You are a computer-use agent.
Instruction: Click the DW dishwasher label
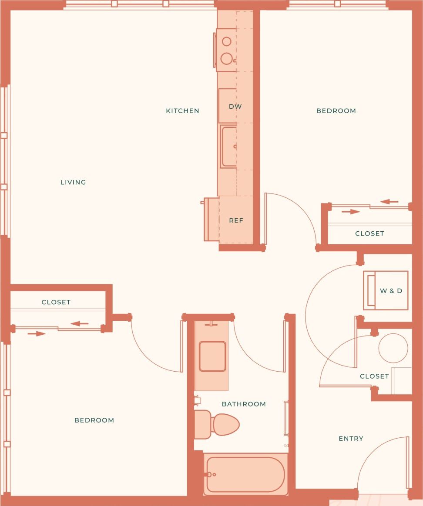coord(235,107)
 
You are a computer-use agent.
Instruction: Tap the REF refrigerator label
coord(236,220)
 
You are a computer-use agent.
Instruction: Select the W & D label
coord(391,291)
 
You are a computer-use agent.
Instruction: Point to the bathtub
coord(245,474)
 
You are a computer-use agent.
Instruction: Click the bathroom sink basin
coord(212,356)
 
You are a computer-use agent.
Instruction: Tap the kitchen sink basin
coord(229,146)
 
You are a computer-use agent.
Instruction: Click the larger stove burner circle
coord(227,58)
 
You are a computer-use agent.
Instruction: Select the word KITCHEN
coord(182,111)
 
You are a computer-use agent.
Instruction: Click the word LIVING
coord(73,182)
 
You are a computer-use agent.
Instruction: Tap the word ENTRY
coord(351,439)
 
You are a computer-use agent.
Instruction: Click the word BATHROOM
coord(244,404)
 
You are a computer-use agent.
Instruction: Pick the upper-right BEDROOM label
coord(336,111)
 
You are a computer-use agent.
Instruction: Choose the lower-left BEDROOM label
coord(94,420)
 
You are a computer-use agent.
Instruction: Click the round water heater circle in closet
coord(393,348)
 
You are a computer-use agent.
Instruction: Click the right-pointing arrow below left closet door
coord(37,334)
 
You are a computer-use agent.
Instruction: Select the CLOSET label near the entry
coord(374,376)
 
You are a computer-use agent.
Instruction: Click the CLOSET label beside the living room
coord(56,302)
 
